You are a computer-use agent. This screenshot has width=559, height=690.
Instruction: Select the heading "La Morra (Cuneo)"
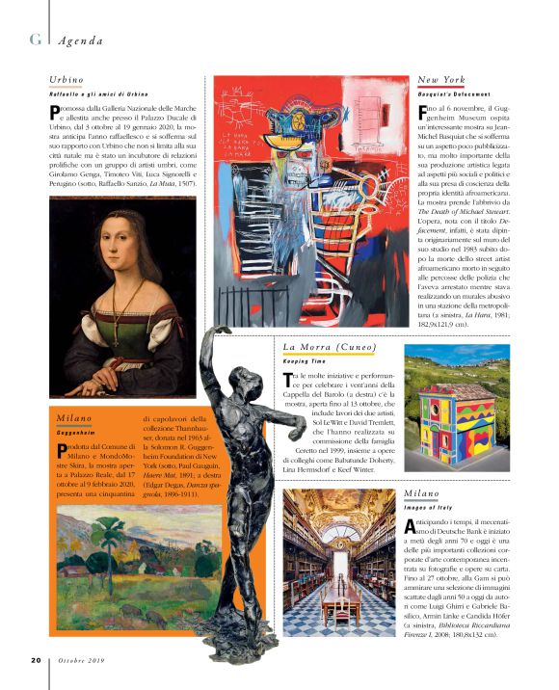coord(329,347)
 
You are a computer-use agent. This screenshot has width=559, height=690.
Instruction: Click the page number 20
coord(35,661)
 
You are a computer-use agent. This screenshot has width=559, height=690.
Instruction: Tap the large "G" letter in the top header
coord(36,40)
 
